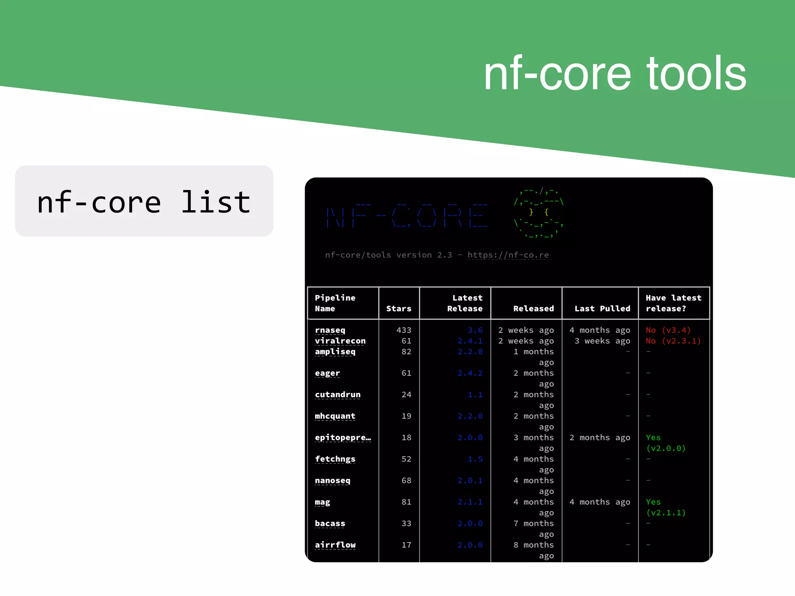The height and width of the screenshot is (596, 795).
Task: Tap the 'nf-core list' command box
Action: (x=144, y=201)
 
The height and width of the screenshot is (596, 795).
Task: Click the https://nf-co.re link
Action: (x=508, y=255)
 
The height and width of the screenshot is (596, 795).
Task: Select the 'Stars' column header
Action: (x=399, y=308)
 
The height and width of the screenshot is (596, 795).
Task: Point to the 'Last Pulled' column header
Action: (x=602, y=308)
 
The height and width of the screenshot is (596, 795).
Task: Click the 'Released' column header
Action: (x=533, y=308)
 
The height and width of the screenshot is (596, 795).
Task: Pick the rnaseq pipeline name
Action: (x=330, y=330)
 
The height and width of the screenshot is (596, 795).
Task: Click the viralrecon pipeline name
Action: (x=340, y=341)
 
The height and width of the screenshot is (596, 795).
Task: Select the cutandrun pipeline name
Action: (x=338, y=395)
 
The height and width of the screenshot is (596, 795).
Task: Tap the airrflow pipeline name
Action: (x=335, y=545)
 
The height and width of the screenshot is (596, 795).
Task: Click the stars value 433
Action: (x=404, y=330)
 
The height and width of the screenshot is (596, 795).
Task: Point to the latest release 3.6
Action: (x=475, y=330)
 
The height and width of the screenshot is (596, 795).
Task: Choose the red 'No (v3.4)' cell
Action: (x=668, y=330)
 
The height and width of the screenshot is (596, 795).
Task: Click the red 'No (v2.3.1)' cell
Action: (x=673, y=341)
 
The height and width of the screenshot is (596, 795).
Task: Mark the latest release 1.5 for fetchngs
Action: (x=475, y=459)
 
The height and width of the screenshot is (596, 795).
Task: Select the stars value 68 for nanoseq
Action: (x=406, y=480)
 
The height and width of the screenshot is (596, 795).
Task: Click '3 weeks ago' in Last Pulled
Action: (x=602, y=341)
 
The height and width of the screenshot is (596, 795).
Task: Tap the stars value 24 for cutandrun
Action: (x=406, y=395)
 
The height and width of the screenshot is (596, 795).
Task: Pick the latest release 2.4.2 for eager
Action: (x=470, y=373)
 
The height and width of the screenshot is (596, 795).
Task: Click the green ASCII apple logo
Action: (x=539, y=213)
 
